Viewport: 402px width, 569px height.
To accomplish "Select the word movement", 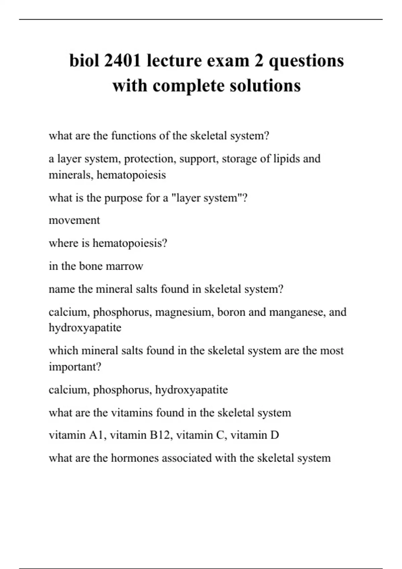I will click(74, 220).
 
